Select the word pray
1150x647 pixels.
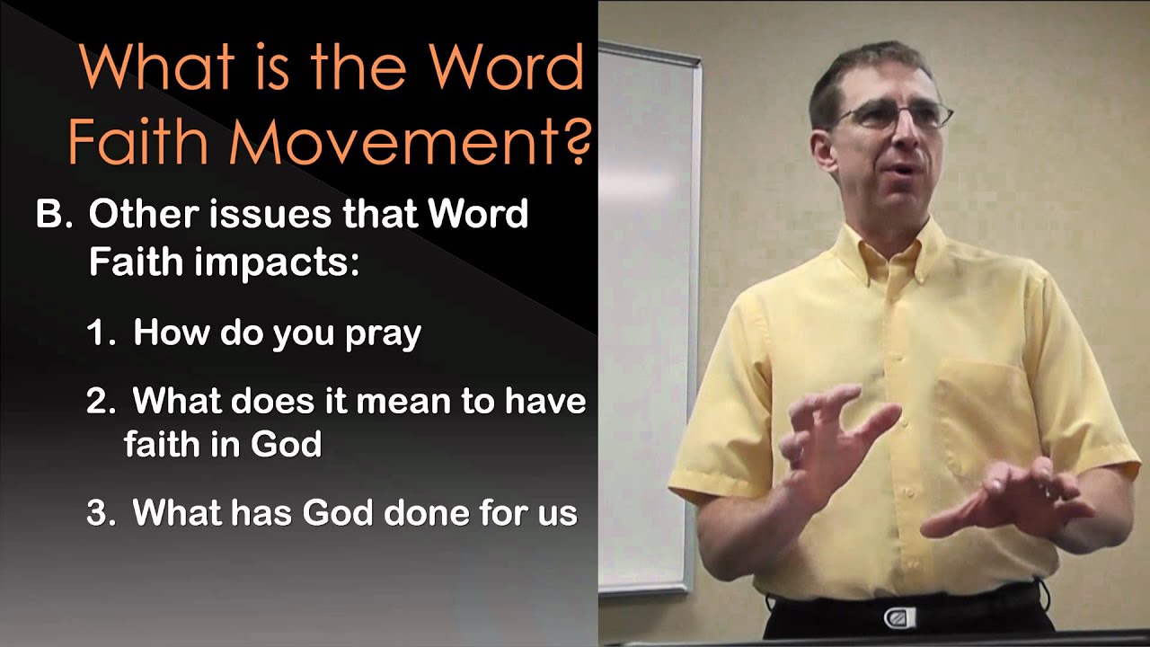coord(383,335)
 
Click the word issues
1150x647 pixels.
coord(257,216)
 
